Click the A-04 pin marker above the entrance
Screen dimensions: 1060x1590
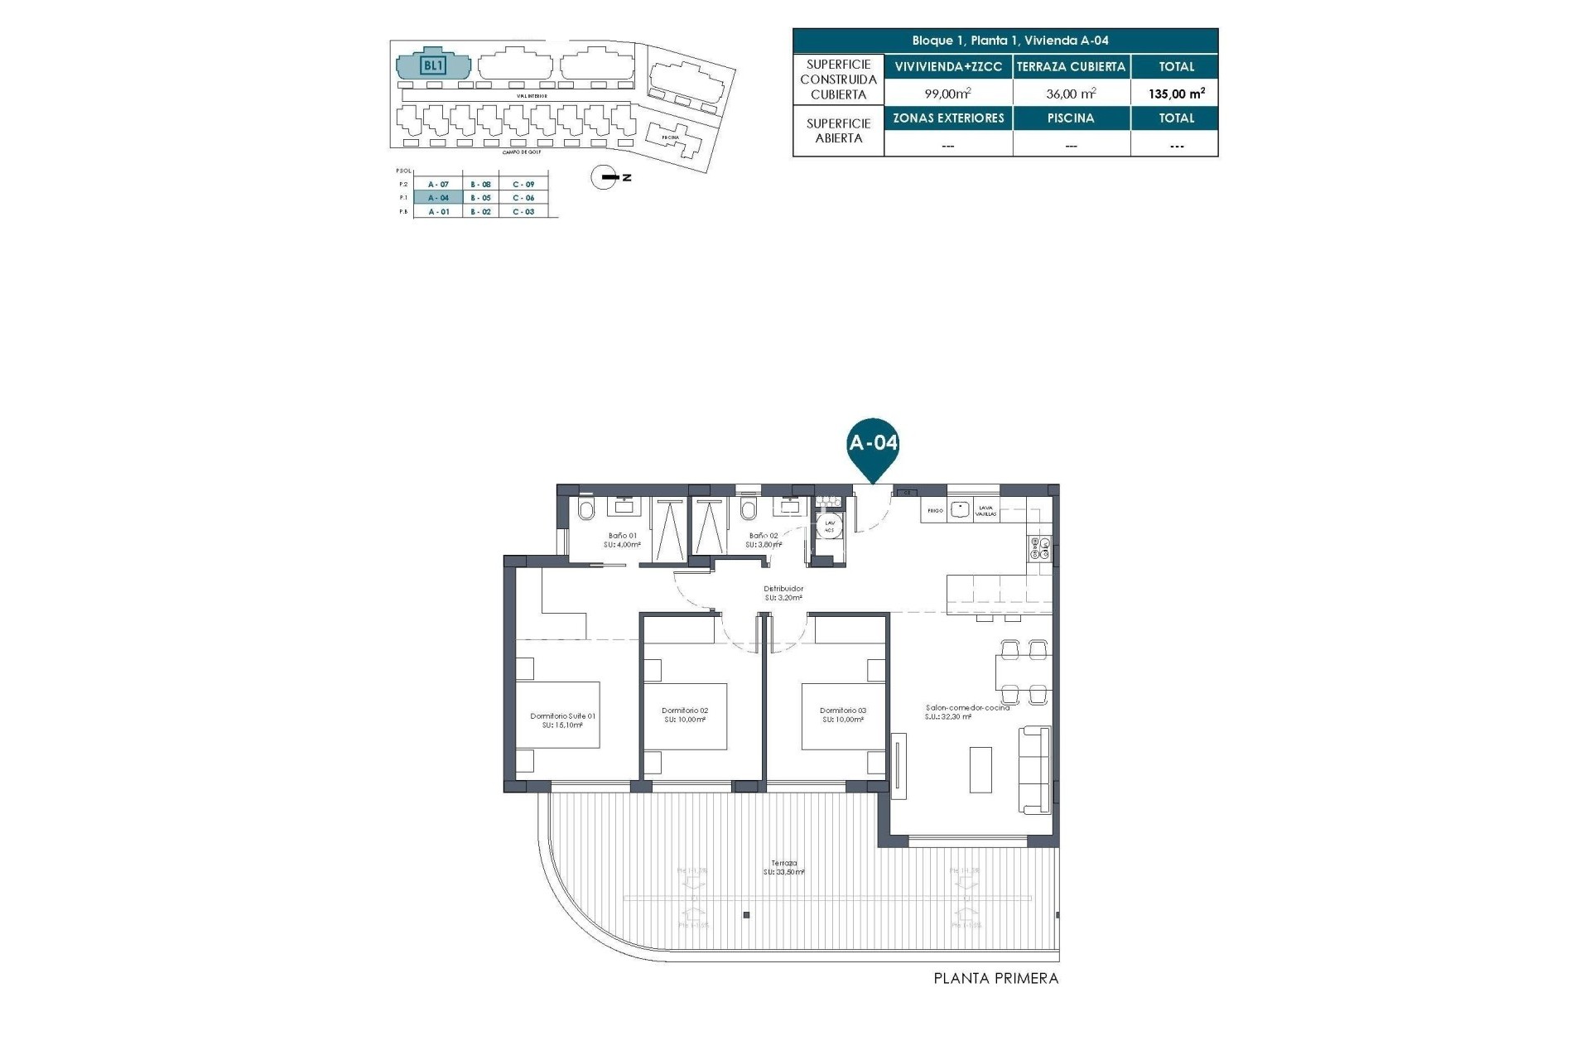[873, 445]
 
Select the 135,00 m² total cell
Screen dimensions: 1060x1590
[1176, 94]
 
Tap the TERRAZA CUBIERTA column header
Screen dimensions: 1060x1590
[1071, 67]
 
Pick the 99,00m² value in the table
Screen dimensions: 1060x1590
[947, 94]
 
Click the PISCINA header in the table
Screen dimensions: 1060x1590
[1071, 118]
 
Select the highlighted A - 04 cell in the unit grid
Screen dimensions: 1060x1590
[439, 198]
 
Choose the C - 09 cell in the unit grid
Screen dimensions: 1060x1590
[523, 185]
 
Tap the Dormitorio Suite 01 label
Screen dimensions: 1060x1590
[562, 720]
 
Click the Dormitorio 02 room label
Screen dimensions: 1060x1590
[685, 715]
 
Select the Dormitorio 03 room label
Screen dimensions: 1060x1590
[843, 715]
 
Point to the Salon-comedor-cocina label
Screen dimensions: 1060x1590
[967, 712]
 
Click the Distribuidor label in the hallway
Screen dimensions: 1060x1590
[783, 593]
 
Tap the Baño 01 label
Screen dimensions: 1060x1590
[622, 540]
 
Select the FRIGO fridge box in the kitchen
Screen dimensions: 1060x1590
[934, 511]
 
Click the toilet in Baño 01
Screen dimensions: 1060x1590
[585, 510]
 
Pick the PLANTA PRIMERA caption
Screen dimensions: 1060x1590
[995, 979]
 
